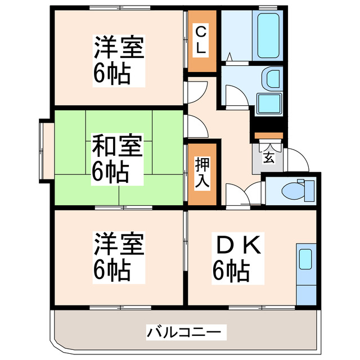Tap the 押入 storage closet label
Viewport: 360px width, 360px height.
click(x=201, y=173)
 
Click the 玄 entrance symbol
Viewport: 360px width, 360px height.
click(x=268, y=157)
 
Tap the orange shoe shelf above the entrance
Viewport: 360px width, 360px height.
click(x=268, y=136)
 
